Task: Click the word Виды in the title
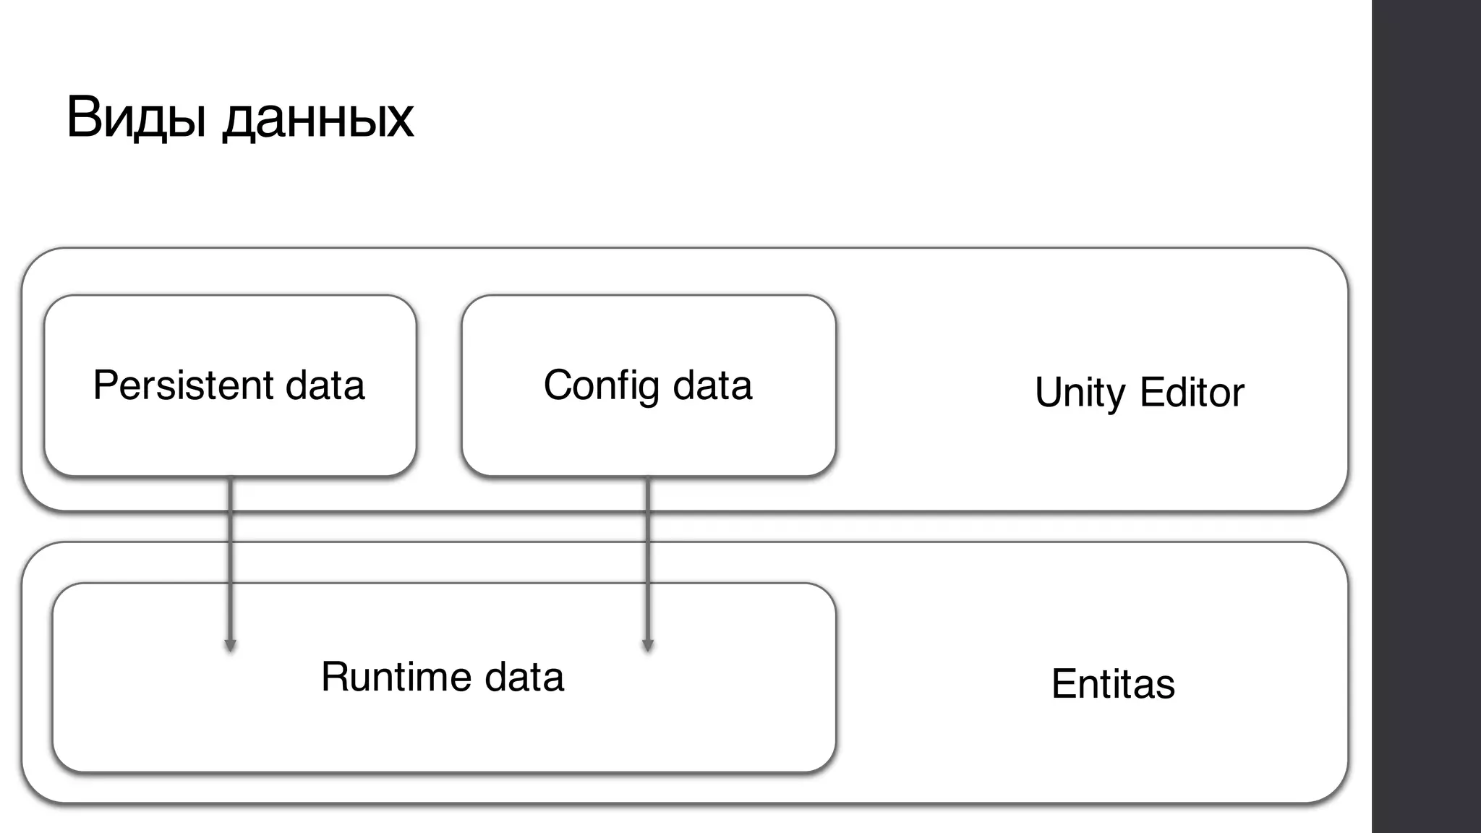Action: point(137,117)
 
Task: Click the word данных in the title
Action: point(318,119)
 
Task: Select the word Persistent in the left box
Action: point(183,385)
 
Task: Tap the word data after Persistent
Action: point(325,385)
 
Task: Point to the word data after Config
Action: point(713,385)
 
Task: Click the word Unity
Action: point(1080,393)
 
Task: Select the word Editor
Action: point(1192,392)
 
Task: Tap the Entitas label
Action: point(1113,684)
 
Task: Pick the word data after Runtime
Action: point(524,677)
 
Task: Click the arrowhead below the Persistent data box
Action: point(230,646)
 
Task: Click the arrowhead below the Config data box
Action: point(648,646)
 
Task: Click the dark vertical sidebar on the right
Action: point(1426,416)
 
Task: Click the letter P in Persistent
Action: point(105,385)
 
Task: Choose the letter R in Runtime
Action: point(335,677)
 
